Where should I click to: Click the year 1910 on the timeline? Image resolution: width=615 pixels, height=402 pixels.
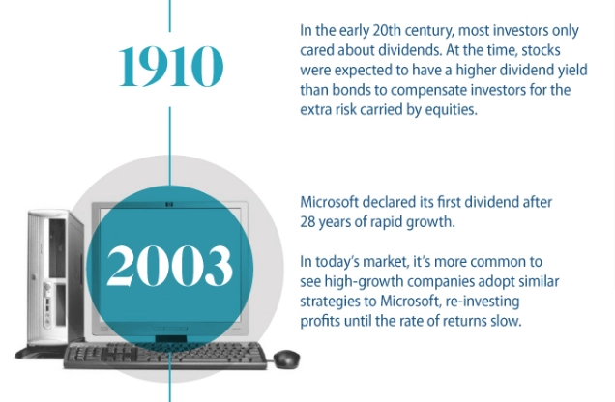171,67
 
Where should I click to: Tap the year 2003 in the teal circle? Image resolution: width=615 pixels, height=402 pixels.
169,267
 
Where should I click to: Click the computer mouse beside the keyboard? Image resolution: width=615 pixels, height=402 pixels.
287,359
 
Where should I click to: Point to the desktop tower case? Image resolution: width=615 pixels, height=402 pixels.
55,280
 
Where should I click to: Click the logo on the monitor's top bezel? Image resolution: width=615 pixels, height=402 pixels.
169,204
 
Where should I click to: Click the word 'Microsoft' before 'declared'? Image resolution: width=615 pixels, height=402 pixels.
330,202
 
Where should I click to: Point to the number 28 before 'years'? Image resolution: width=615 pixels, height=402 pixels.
307,222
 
